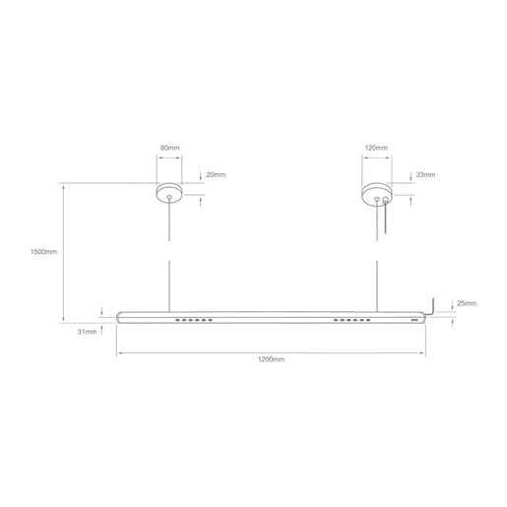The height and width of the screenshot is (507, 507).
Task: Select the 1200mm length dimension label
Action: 271,361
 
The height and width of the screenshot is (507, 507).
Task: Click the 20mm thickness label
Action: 217,174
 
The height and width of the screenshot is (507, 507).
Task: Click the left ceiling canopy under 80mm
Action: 170,193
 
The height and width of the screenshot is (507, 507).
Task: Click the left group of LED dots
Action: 193,321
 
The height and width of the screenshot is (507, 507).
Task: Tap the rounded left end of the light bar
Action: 120,318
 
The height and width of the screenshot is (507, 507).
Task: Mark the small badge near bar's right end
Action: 413,319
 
